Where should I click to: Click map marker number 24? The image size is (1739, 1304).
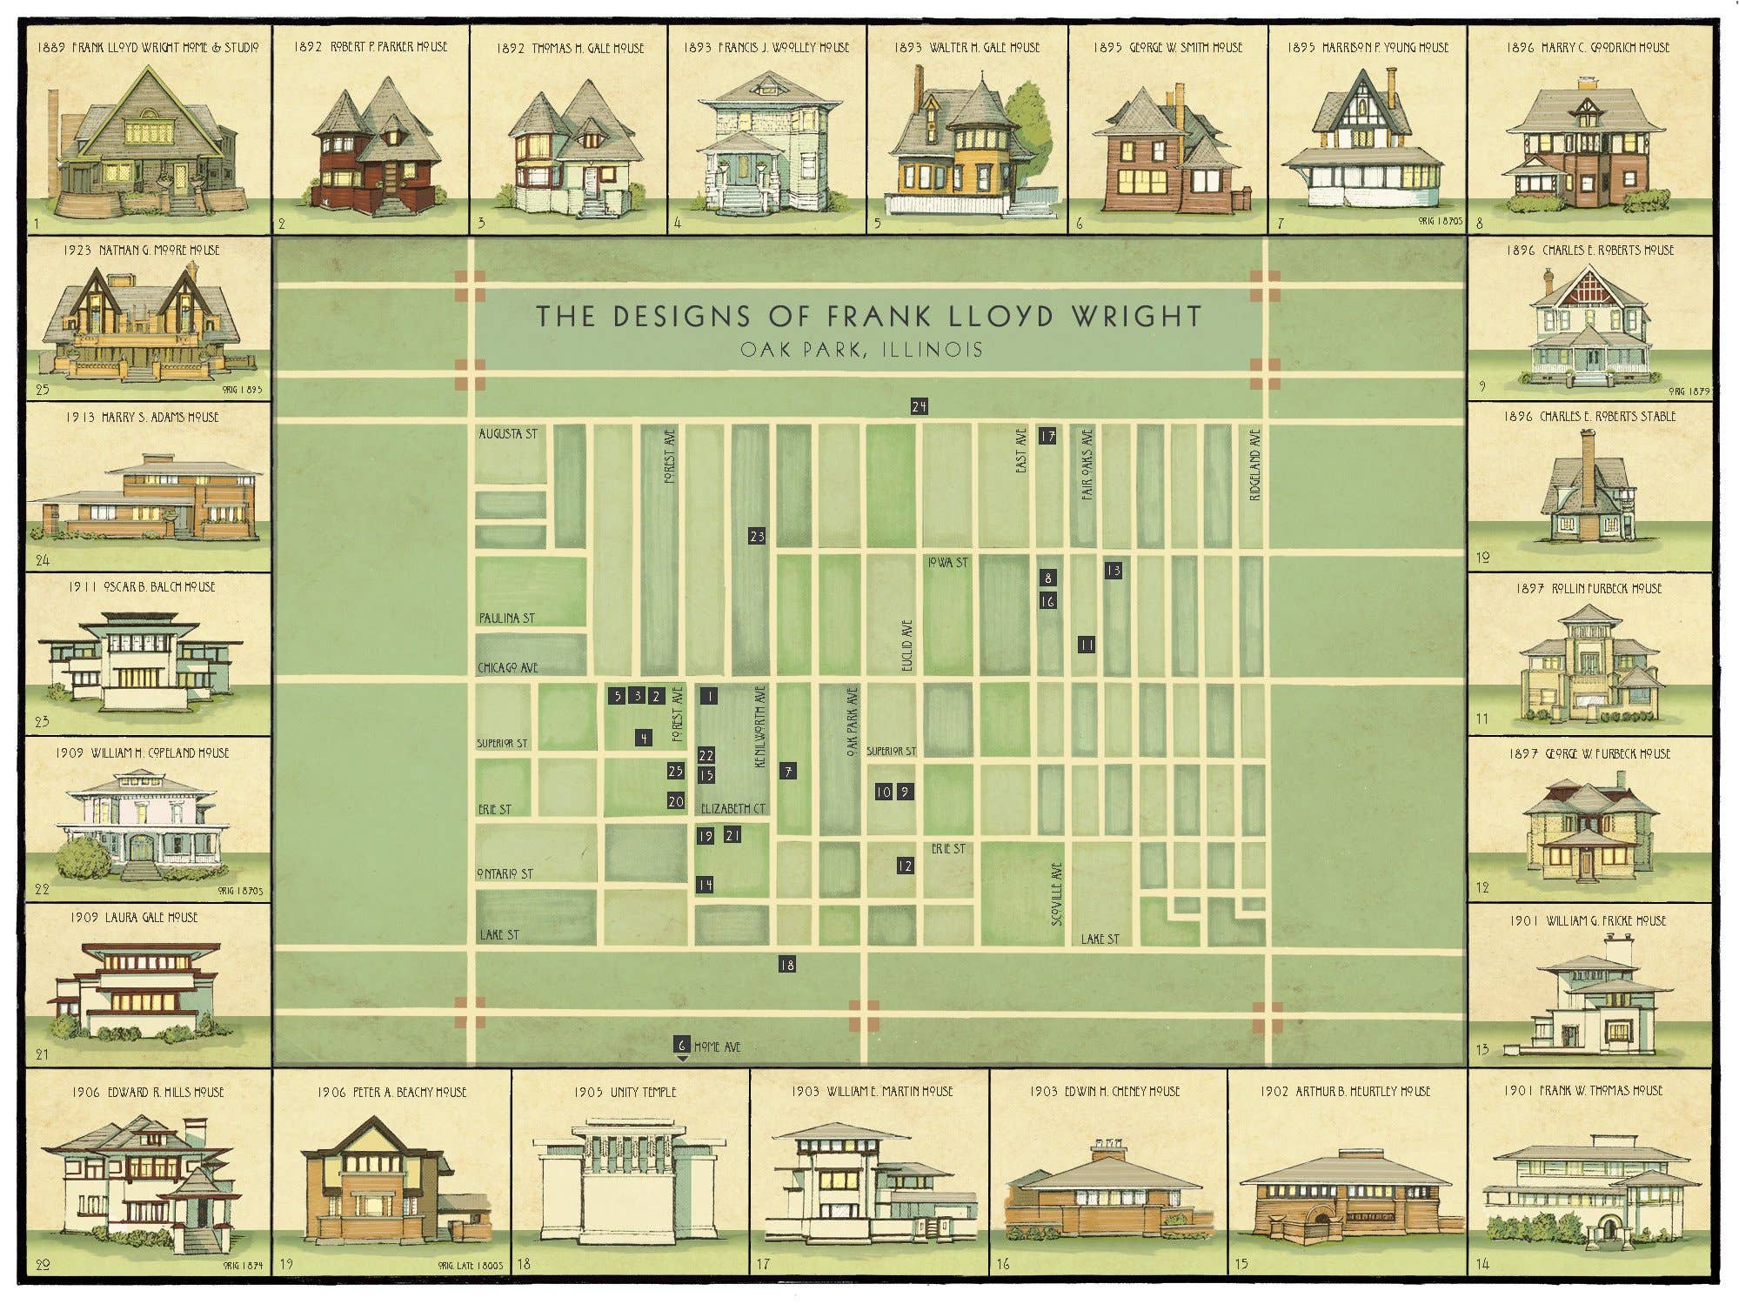(x=920, y=406)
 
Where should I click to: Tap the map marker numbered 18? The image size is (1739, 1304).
(x=786, y=964)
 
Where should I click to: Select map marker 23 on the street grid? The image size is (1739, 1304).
(x=757, y=536)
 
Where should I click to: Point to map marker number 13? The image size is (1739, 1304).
(x=1113, y=571)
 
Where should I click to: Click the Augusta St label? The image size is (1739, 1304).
(x=508, y=433)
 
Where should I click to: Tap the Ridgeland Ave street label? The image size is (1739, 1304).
(x=1254, y=465)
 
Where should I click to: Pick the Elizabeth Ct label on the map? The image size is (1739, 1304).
(x=733, y=808)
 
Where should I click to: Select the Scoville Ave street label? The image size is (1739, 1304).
(x=1057, y=893)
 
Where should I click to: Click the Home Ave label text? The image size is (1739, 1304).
(x=717, y=1047)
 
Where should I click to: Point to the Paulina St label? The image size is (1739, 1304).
(x=506, y=618)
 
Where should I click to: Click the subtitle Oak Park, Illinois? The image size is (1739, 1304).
(x=861, y=350)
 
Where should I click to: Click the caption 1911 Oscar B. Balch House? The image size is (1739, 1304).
(x=142, y=586)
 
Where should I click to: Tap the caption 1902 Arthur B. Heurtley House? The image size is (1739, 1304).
(x=1345, y=1091)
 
